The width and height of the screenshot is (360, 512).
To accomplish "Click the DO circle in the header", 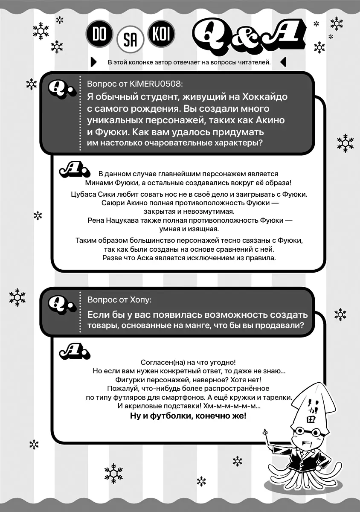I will click(99, 35).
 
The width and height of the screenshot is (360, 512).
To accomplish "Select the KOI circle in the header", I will click(161, 35).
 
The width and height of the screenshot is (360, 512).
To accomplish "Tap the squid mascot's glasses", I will click(310, 432).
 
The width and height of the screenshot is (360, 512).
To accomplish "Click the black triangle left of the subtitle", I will click(94, 62).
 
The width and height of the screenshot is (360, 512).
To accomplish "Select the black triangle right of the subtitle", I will click(283, 62).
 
